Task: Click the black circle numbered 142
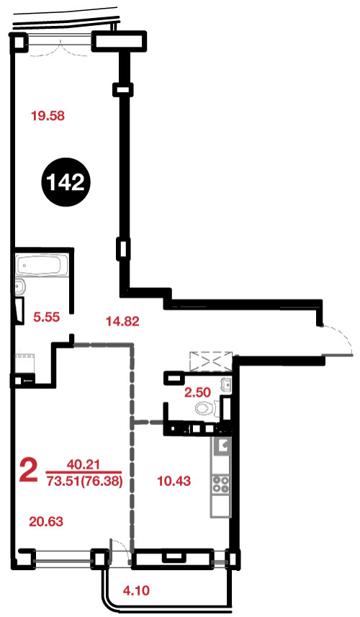pyautogui.click(x=66, y=182)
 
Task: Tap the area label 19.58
pyautogui.click(x=48, y=116)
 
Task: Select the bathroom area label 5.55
pyautogui.click(x=46, y=317)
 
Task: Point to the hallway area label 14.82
pyautogui.click(x=122, y=322)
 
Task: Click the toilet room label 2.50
pyautogui.click(x=197, y=392)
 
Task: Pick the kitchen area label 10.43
pyautogui.click(x=174, y=480)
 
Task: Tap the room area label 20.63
pyautogui.click(x=46, y=522)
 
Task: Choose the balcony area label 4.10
pyautogui.click(x=136, y=590)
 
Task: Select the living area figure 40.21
pyautogui.click(x=84, y=464)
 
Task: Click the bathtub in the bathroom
pyautogui.click(x=42, y=266)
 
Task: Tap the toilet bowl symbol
pyautogui.click(x=204, y=408)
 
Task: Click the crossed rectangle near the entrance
pyautogui.click(x=210, y=361)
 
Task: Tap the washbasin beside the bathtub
pyautogui.click(x=19, y=288)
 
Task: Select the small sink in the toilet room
pyautogui.click(x=226, y=384)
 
